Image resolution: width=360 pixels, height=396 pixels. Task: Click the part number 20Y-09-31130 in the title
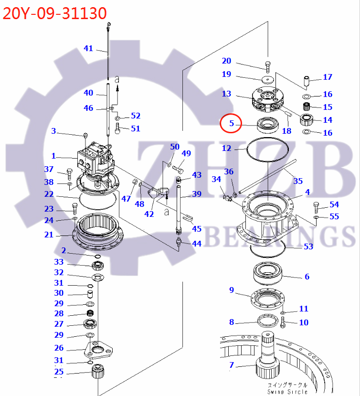pos(54,13)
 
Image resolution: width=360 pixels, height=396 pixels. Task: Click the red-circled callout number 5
pos(232,123)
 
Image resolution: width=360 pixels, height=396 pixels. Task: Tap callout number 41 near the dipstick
pos(88,48)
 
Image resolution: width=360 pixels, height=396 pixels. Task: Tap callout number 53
pos(308,246)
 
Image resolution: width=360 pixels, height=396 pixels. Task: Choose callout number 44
pos(196,244)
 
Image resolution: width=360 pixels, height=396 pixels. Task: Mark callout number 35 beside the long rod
pos(298,181)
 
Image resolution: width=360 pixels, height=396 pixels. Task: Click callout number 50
pos(175,146)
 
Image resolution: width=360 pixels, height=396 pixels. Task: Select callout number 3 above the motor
pos(54,131)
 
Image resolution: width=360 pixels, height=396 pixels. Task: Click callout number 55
pos(334,216)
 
